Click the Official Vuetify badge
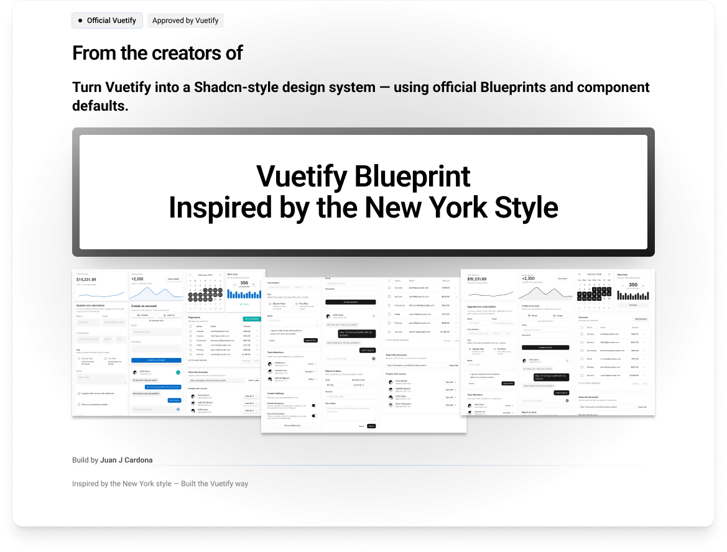tap(107, 21)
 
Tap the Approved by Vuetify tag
tap(185, 21)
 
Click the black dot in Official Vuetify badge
tap(80, 21)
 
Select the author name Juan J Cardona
tap(126, 461)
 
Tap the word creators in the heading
tap(190, 53)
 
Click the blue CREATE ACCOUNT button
tap(155, 361)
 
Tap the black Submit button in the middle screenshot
tap(371, 426)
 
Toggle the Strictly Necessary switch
tap(313, 405)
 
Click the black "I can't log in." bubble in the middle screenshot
tap(367, 351)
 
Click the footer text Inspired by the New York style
tap(122, 484)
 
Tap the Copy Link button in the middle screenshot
tap(453, 366)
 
